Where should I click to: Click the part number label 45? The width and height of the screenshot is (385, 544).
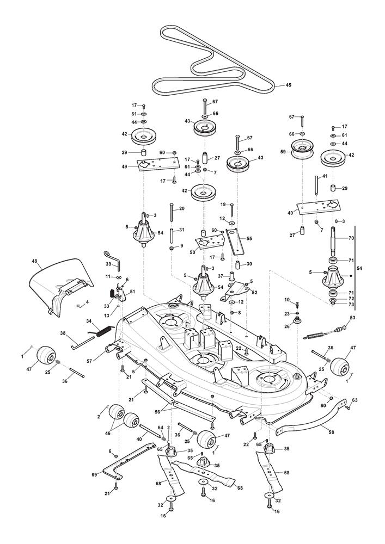click(x=289, y=85)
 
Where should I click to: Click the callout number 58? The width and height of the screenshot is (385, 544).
click(x=331, y=430)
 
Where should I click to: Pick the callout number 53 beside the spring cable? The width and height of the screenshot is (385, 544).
click(x=352, y=318)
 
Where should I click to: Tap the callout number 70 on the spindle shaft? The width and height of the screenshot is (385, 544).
click(x=351, y=238)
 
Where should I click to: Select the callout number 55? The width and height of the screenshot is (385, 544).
click(x=249, y=238)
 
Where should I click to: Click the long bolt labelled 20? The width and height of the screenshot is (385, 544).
click(x=172, y=216)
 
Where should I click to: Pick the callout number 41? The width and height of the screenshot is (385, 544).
click(x=325, y=177)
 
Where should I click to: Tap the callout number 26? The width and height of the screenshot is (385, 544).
click(x=287, y=326)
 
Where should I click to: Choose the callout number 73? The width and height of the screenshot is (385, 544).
click(x=351, y=305)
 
